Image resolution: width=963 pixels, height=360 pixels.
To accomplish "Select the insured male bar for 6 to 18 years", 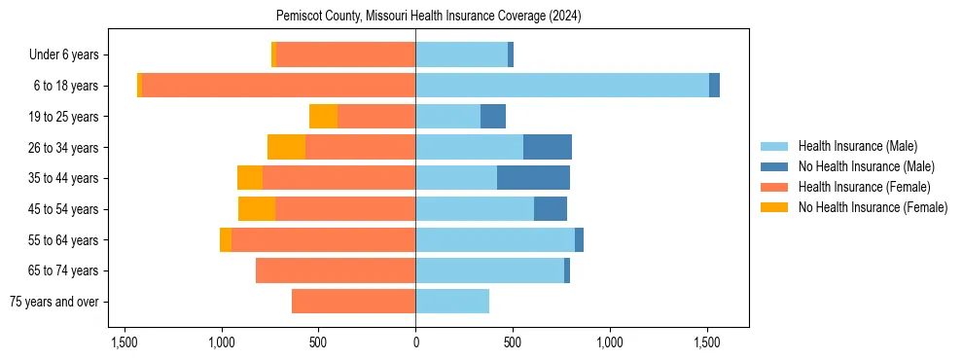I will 562,86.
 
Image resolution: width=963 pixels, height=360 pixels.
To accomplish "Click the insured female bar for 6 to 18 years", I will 278,86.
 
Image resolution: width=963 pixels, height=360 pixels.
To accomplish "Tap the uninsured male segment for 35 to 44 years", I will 533,178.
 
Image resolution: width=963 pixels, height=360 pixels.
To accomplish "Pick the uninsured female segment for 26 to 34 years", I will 286,147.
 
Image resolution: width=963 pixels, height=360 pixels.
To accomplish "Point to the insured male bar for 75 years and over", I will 452,302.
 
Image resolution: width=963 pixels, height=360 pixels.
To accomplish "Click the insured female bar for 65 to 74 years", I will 336,270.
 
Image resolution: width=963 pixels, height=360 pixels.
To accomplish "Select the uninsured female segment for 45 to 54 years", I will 257,209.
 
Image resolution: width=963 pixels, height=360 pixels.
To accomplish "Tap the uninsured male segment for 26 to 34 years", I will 548,147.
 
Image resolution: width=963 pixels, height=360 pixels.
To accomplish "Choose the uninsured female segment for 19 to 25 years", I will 323,117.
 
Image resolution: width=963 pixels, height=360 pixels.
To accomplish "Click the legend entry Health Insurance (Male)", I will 857,146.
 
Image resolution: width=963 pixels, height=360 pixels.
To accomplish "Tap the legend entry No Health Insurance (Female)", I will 872,207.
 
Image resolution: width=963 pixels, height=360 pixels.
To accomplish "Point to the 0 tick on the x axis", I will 415,343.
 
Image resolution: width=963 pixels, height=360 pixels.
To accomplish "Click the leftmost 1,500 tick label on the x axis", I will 125,343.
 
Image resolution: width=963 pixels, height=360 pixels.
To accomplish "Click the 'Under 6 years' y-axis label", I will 70,55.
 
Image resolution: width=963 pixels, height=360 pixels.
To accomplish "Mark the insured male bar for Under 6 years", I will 461,55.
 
